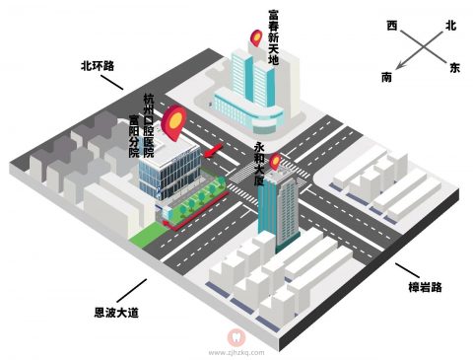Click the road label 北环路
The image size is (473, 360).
(x=98, y=66)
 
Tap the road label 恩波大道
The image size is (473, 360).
(x=116, y=313)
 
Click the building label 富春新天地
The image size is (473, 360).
(x=273, y=37)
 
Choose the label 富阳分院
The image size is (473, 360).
(x=135, y=138)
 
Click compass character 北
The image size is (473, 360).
(x=451, y=26)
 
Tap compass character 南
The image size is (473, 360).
(x=387, y=76)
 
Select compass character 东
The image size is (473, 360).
(x=454, y=68)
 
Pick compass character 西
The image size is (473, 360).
(x=392, y=25)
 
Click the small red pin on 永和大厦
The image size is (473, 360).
(x=277, y=159)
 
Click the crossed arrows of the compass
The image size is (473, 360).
(x=422, y=47)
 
